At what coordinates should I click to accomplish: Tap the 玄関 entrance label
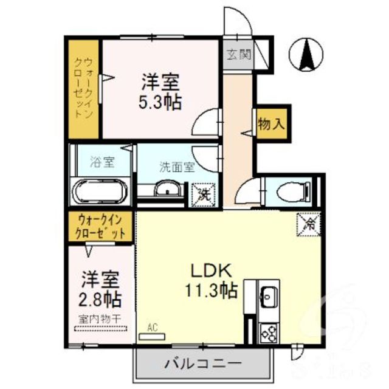[238, 55]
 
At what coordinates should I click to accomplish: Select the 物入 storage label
[271, 125]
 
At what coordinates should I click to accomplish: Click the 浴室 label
[102, 162]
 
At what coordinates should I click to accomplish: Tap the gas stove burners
[268, 331]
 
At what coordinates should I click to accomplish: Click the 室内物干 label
[100, 318]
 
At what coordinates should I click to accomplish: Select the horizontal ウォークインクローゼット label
[101, 227]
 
